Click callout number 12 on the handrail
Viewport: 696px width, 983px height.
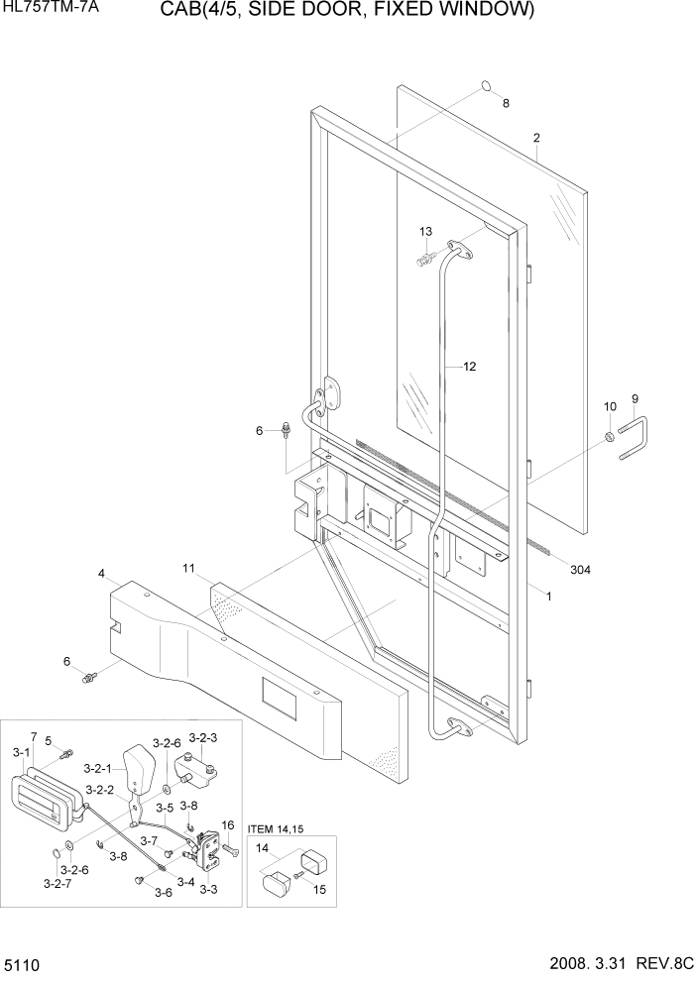[x=469, y=366]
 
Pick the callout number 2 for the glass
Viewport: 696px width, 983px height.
[x=536, y=138]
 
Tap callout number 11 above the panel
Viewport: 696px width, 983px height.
[x=189, y=567]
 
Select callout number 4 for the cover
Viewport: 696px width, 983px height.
[x=101, y=574]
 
